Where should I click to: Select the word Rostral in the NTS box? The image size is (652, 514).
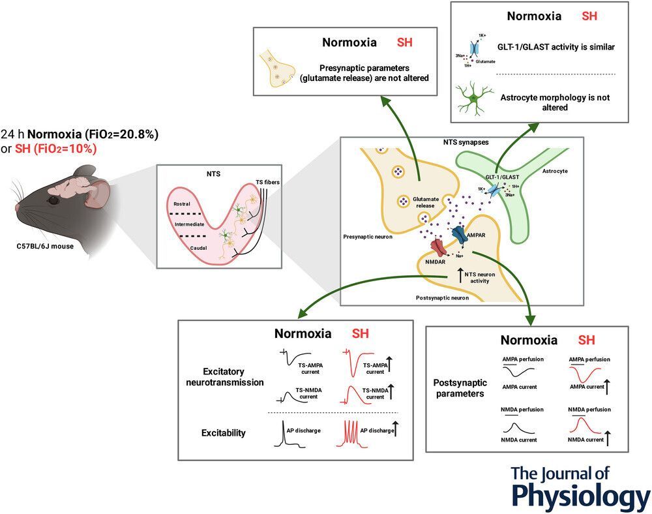coord(181,203)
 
